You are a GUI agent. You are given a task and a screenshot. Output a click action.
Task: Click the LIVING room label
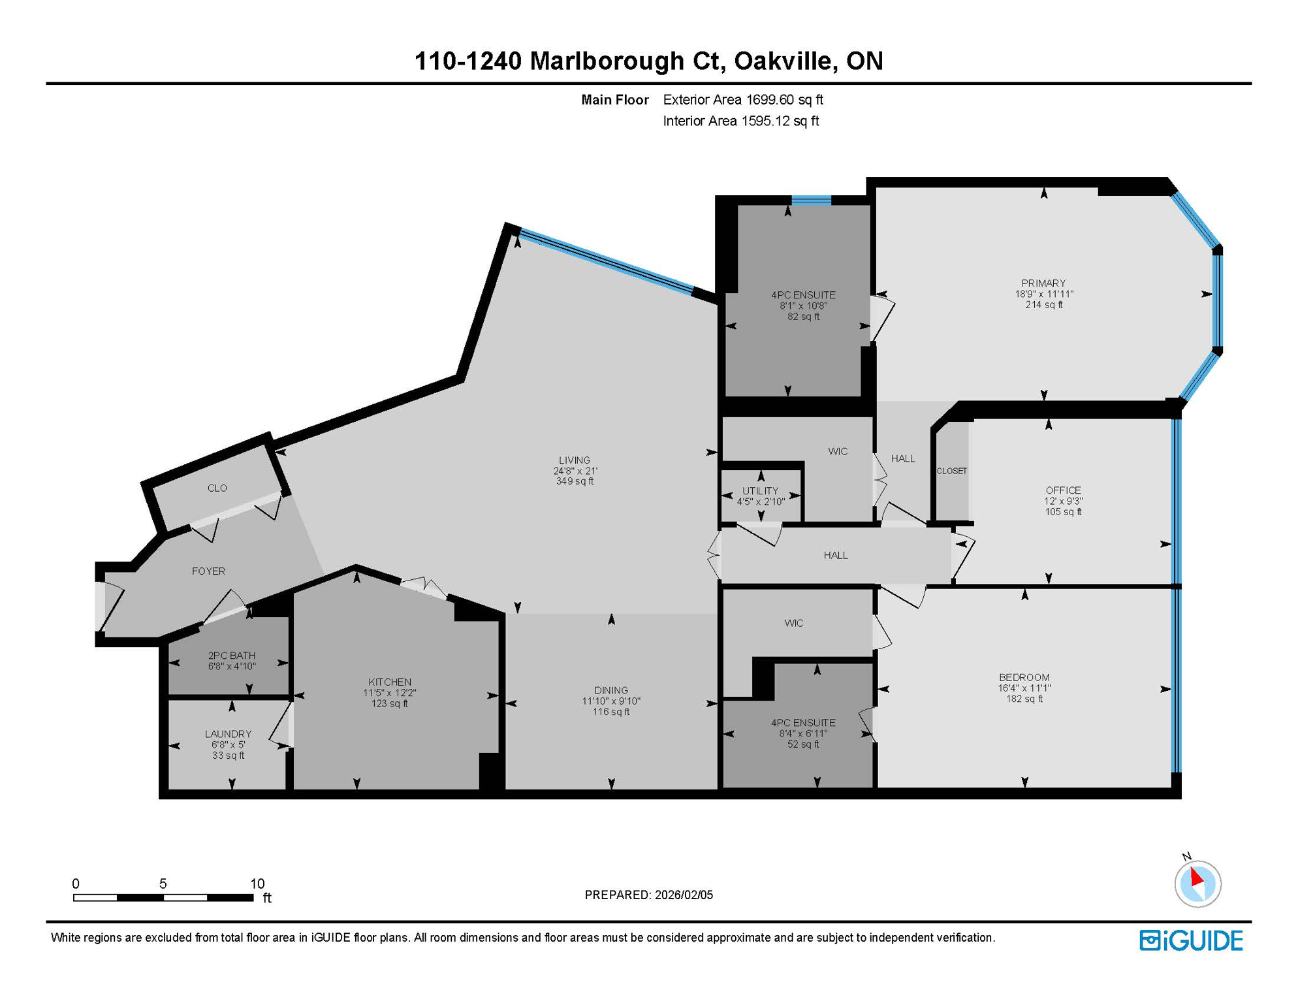[574, 460]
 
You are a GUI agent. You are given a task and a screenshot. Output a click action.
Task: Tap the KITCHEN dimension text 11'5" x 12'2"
[389, 693]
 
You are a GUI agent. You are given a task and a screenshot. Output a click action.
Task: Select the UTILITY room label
[760, 491]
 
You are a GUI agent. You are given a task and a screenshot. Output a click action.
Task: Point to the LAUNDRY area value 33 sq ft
[228, 756]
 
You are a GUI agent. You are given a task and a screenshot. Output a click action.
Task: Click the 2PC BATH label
[231, 656]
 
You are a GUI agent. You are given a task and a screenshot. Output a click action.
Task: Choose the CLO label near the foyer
[217, 488]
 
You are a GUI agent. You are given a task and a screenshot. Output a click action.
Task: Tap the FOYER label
[208, 571]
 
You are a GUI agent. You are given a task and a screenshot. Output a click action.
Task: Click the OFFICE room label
[1063, 490]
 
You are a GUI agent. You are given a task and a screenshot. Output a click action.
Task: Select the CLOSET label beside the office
[951, 471]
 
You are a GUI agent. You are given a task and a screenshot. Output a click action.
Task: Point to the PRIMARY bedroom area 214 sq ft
[1043, 304]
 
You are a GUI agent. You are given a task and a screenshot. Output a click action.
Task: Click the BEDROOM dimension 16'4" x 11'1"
[1024, 688]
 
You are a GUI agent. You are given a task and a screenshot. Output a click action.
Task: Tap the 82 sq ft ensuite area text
[803, 317]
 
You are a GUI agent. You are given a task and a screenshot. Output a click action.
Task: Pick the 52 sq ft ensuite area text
[803, 744]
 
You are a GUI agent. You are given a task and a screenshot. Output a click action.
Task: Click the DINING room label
[611, 690]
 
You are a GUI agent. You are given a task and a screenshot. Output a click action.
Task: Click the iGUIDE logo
[1191, 940]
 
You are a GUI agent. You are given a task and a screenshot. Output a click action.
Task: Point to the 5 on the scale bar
[163, 884]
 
